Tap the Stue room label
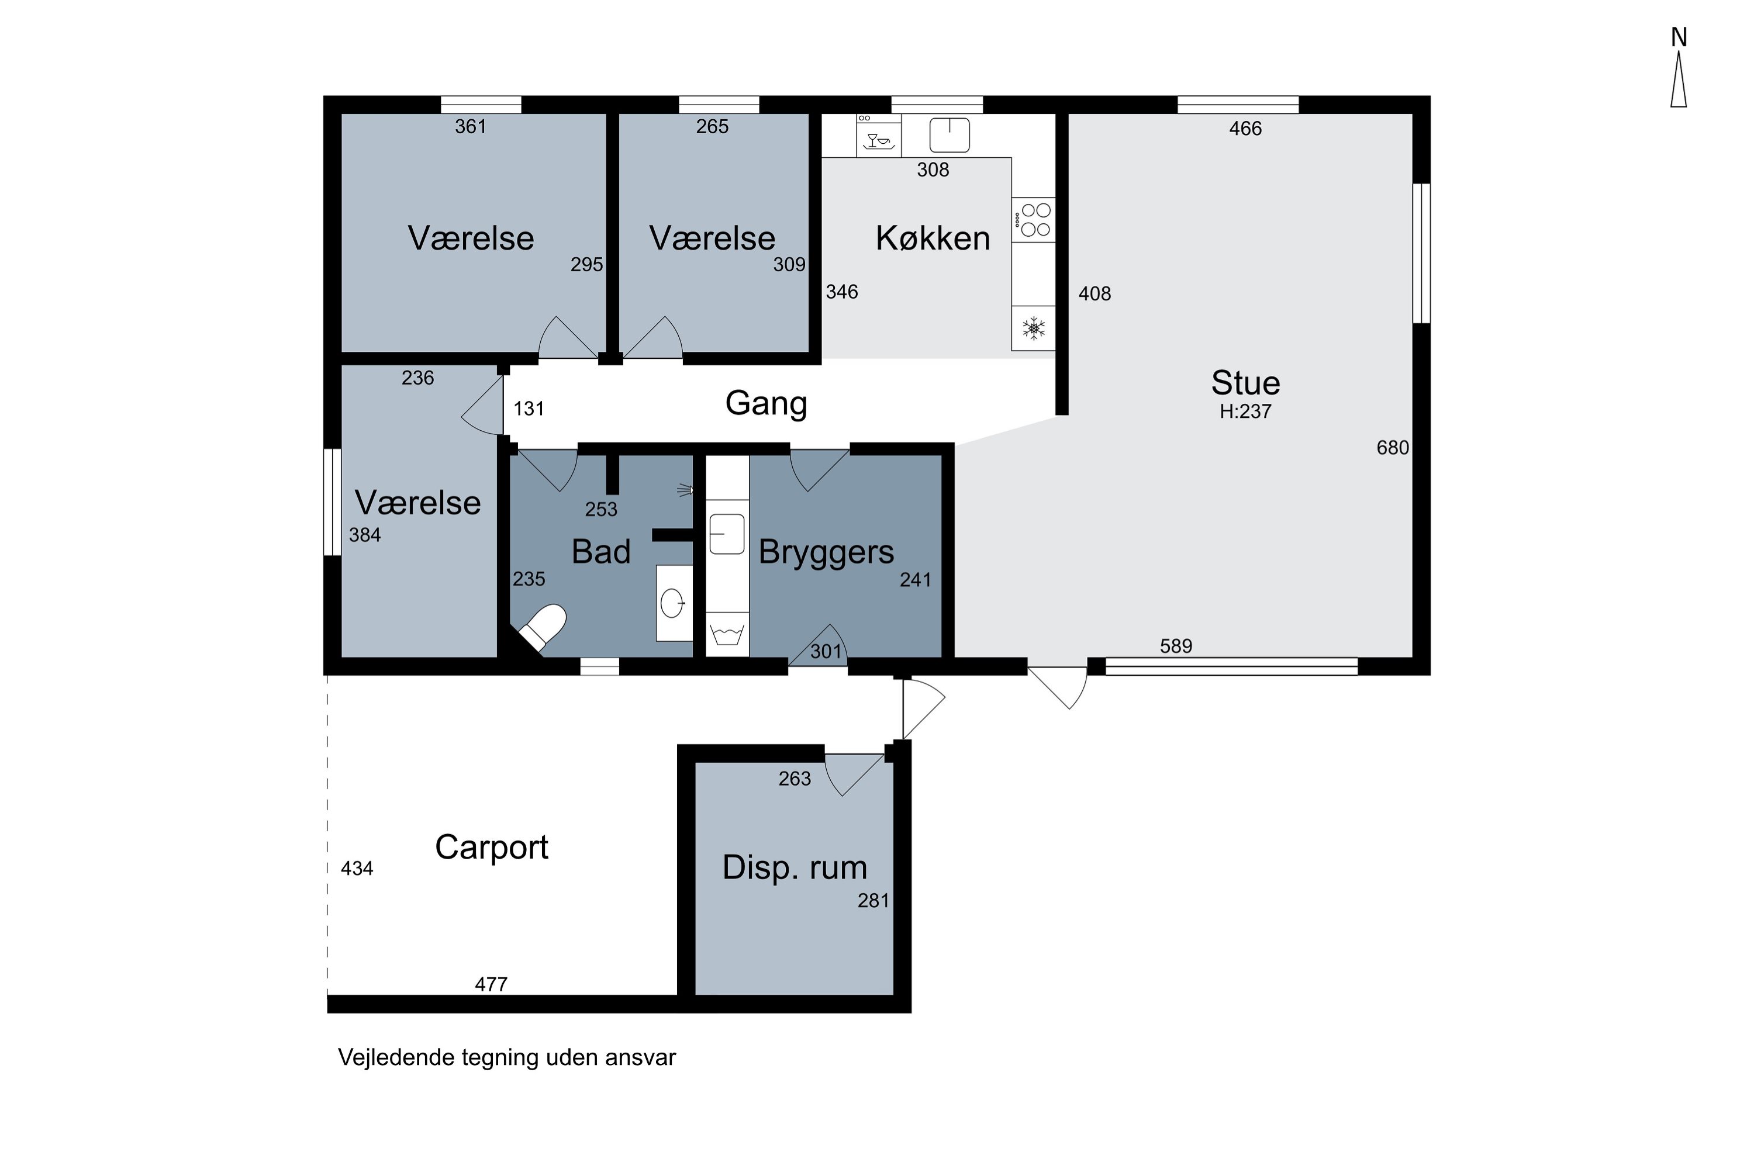(1245, 383)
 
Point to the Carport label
(492, 848)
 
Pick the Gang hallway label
(766, 404)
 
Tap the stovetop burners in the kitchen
(1034, 220)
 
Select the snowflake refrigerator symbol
(1034, 328)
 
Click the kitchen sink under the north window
(949, 135)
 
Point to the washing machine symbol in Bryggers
(727, 634)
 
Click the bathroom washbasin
(674, 603)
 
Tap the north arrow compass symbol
(1679, 78)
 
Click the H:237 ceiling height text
(1245, 411)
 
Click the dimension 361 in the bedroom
(471, 127)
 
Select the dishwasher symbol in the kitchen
(879, 136)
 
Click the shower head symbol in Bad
(685, 490)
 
